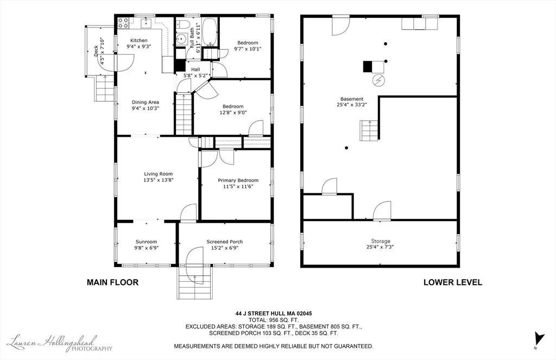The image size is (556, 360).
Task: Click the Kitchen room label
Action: (138, 40)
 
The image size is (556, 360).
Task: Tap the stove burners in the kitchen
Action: (123, 23)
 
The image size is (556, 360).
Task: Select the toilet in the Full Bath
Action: (184, 24)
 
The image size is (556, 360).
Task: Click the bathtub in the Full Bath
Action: (209, 32)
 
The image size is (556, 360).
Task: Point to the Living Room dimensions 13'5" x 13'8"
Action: (158, 180)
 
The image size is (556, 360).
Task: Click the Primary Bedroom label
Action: (238, 180)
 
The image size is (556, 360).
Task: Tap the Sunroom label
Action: (146, 242)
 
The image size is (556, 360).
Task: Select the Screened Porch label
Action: (224, 242)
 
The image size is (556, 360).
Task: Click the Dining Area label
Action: (146, 102)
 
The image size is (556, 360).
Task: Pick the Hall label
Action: (195, 70)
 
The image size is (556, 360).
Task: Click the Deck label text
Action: (96, 51)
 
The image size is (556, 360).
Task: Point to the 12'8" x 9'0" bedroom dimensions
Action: (233, 113)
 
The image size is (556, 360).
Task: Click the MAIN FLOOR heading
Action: (112, 282)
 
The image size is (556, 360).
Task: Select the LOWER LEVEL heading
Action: (453, 282)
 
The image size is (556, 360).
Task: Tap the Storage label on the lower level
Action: (381, 241)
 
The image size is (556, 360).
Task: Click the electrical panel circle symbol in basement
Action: (378, 80)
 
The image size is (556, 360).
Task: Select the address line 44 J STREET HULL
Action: (274, 313)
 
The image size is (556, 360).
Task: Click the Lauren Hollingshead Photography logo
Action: (60, 343)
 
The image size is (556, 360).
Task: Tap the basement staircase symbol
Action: (369, 130)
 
